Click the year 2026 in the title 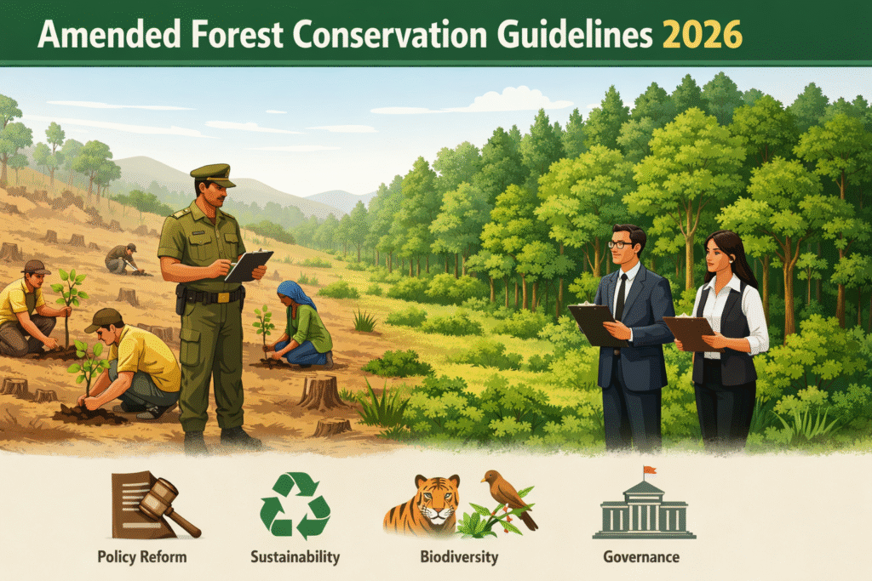click(x=703, y=35)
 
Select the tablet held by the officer click(x=249, y=266)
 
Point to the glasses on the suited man click(x=620, y=244)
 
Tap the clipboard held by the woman click(x=691, y=333)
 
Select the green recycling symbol click(x=295, y=505)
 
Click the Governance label click(x=641, y=556)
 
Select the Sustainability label click(x=295, y=557)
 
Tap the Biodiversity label click(x=459, y=557)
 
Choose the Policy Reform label click(x=142, y=557)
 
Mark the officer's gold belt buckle click(x=222, y=297)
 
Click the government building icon click(x=644, y=508)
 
